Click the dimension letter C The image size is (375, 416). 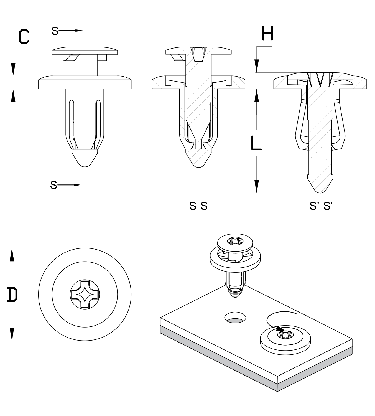tap(24, 37)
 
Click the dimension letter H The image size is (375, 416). tap(267, 34)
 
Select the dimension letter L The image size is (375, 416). tap(256, 143)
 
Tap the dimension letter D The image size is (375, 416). tap(12, 295)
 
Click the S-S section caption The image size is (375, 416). tap(198, 206)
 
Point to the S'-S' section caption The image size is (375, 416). tap(321, 206)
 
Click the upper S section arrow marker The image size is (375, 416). tap(67, 31)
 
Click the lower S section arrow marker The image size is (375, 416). tap(65, 185)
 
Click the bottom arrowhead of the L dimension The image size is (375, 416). tap(257, 187)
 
